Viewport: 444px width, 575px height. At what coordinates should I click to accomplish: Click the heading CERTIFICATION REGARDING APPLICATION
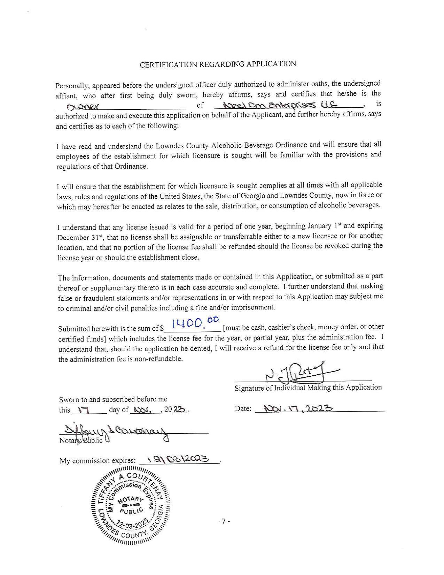(x=218, y=64)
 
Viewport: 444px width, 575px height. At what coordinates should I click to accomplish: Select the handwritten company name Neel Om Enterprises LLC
(x=280, y=104)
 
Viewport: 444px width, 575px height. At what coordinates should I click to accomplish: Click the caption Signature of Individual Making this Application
(x=308, y=388)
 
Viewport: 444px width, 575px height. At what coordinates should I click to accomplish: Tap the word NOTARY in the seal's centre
(x=130, y=500)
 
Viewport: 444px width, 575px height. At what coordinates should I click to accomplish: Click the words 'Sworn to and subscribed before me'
(x=113, y=399)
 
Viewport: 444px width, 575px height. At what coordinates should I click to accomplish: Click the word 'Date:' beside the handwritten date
(x=243, y=408)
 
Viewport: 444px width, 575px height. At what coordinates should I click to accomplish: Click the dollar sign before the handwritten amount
(x=162, y=328)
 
